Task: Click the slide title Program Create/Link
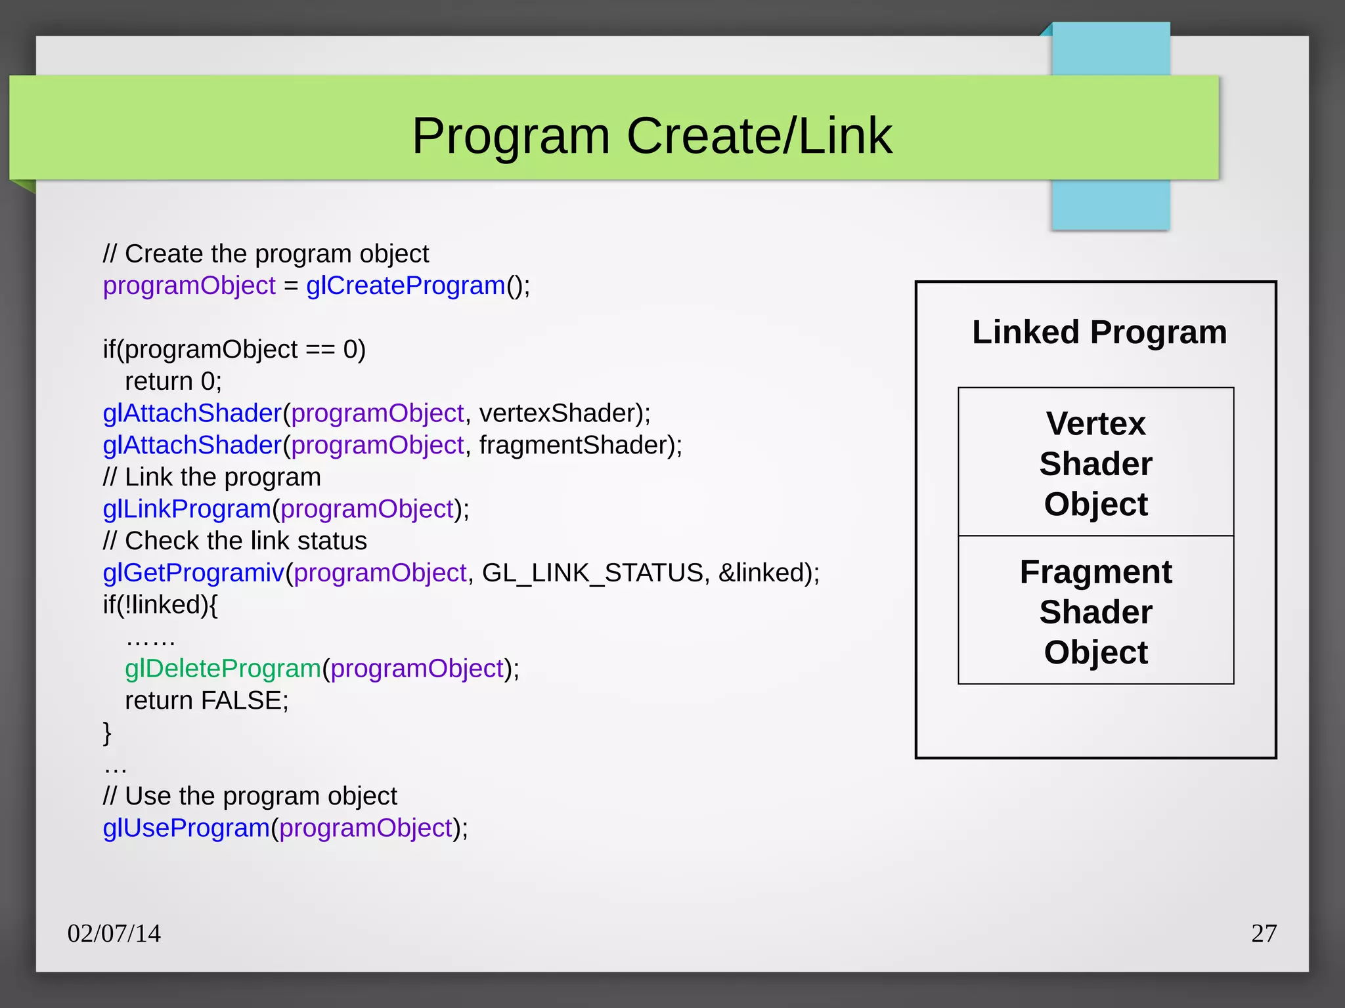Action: point(651,136)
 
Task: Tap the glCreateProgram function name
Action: point(405,285)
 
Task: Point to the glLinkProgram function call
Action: point(187,509)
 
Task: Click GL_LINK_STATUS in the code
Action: point(592,573)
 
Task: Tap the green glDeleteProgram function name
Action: point(223,669)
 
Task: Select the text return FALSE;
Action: point(206,701)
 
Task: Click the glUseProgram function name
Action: point(187,828)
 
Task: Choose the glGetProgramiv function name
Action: point(194,573)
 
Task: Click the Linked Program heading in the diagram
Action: point(1099,332)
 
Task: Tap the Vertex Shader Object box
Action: point(1095,463)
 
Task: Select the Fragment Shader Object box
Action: point(1095,612)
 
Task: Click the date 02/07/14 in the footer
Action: point(114,933)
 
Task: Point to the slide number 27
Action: point(1264,933)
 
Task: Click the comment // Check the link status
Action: point(234,541)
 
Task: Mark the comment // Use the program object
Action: point(250,797)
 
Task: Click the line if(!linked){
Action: point(160,605)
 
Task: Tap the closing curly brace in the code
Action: point(107,732)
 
